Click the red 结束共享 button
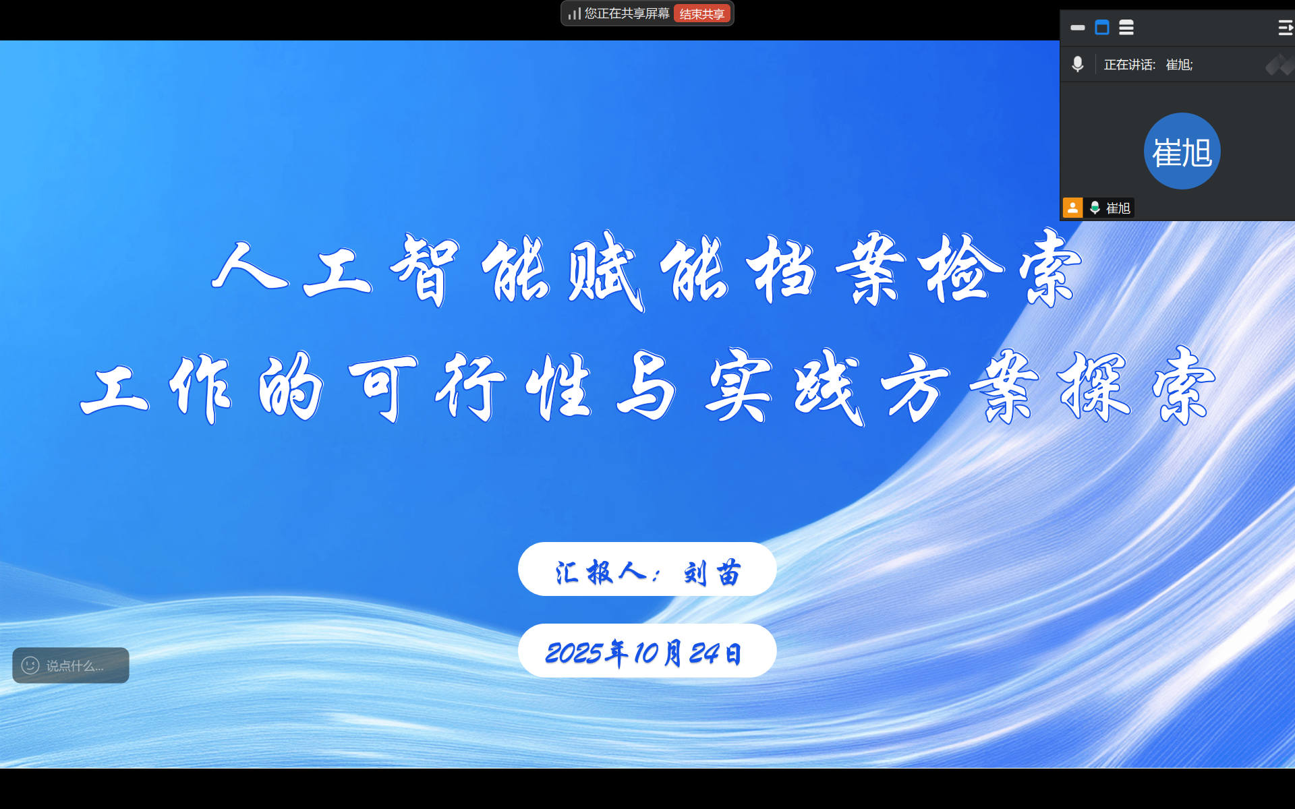click(701, 14)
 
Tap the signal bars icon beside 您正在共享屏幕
click(574, 13)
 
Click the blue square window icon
click(1102, 28)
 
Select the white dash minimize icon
click(1077, 28)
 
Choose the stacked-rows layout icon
click(1126, 28)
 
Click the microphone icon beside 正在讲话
click(1078, 64)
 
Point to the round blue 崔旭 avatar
click(1182, 151)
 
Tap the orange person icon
click(1072, 208)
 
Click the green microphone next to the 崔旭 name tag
click(1095, 208)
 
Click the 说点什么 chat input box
click(71, 665)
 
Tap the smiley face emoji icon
click(30, 665)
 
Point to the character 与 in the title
click(646, 386)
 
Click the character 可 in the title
click(382, 387)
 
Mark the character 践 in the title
click(828, 387)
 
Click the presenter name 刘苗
click(712, 573)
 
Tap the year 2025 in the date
click(573, 653)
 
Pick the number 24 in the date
click(704, 653)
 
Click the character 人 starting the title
click(250, 267)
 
